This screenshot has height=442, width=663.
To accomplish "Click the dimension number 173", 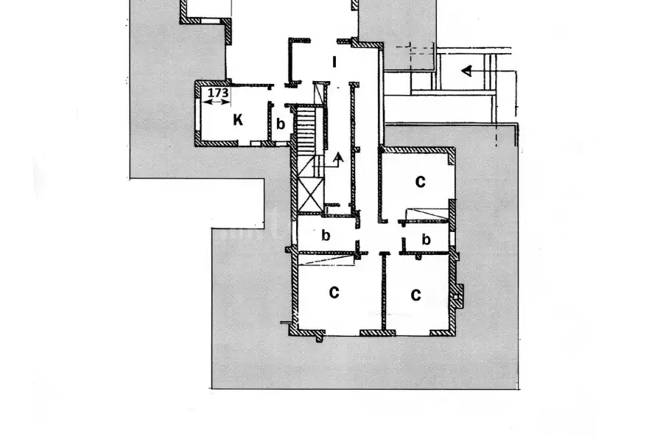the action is pos(218,93).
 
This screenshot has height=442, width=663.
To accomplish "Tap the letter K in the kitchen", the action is pos(238,120).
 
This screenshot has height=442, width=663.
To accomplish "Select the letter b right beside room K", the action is pos(281,124).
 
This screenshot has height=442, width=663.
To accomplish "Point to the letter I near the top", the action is pos(334,62).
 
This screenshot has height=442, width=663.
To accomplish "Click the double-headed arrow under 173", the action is pos(216,102).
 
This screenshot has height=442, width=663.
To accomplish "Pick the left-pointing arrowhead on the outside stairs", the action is pos(466,71).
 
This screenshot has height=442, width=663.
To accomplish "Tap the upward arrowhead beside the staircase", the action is pos(338,158).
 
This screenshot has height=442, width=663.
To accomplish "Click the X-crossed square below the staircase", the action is pos(311,195).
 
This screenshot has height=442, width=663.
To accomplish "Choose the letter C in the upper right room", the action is pos(420,181).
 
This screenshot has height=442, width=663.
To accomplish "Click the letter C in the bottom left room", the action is pos(334,292).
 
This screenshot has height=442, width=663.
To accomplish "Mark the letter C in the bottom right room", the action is pos(415,295).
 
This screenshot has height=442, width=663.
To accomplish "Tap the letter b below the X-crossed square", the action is pos(326,235).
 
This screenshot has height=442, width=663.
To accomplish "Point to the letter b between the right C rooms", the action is pos(427,239).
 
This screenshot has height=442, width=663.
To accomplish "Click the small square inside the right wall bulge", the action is pos(456,298).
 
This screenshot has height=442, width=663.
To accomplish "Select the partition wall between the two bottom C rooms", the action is pos(384,291).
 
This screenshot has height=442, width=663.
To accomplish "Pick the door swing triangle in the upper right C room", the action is pos(427,214).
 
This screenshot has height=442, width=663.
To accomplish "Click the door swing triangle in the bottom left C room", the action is pos(326,260).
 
